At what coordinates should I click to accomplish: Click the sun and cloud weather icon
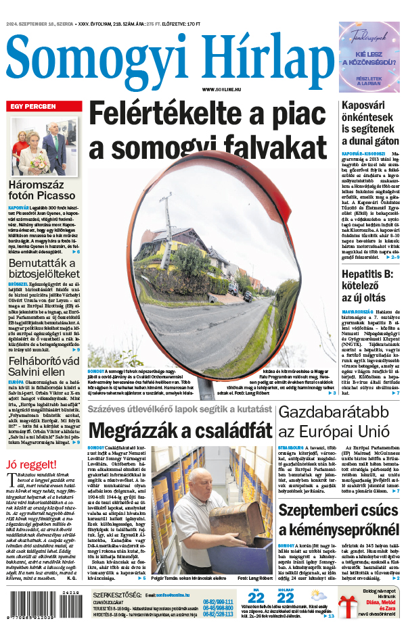(x=317, y=595)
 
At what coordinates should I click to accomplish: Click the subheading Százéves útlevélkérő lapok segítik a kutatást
(x=179, y=410)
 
